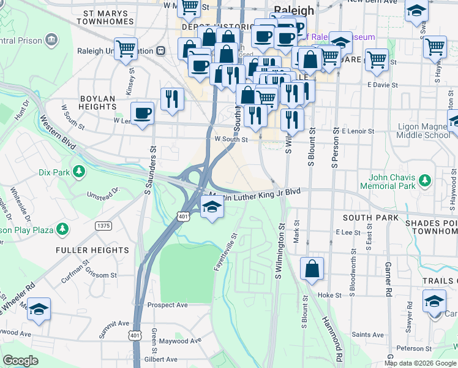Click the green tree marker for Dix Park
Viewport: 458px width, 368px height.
click(x=78, y=172)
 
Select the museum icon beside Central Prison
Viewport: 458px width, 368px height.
click(x=51, y=41)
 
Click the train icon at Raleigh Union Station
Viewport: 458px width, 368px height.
click(x=161, y=51)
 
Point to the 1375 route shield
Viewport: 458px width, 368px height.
click(x=103, y=226)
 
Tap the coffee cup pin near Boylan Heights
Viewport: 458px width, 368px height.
click(x=143, y=113)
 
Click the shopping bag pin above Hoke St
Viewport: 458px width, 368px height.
click(x=312, y=268)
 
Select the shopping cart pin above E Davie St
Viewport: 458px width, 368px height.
click(x=376, y=60)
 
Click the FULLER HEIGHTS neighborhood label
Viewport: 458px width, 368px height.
click(x=92, y=250)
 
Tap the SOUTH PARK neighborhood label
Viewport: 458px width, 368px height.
click(x=370, y=218)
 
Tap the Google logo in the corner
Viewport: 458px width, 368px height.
click(x=20, y=361)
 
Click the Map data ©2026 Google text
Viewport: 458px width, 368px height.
click(x=419, y=363)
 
